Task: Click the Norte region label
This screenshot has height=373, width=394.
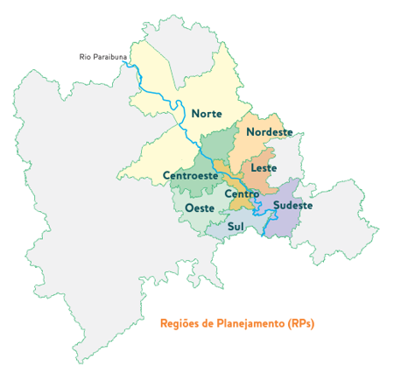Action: click(207, 114)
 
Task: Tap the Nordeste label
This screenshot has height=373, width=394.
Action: click(269, 132)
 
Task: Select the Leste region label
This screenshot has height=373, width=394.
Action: click(264, 167)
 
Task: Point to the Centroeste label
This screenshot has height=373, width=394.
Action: click(190, 176)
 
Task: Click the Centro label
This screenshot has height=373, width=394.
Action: click(242, 194)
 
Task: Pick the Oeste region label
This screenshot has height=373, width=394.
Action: click(201, 208)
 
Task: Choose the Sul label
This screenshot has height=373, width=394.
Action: click(236, 225)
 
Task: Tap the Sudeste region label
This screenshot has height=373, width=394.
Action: click(293, 206)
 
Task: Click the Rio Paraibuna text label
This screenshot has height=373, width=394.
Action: click(103, 58)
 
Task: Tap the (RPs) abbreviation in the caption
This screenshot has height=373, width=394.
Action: click(299, 323)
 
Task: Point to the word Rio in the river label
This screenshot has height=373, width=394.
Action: click(85, 58)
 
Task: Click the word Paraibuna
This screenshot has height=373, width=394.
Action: click(109, 58)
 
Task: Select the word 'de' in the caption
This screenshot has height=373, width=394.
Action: click(208, 323)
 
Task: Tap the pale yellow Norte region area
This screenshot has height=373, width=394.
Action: click(175, 79)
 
